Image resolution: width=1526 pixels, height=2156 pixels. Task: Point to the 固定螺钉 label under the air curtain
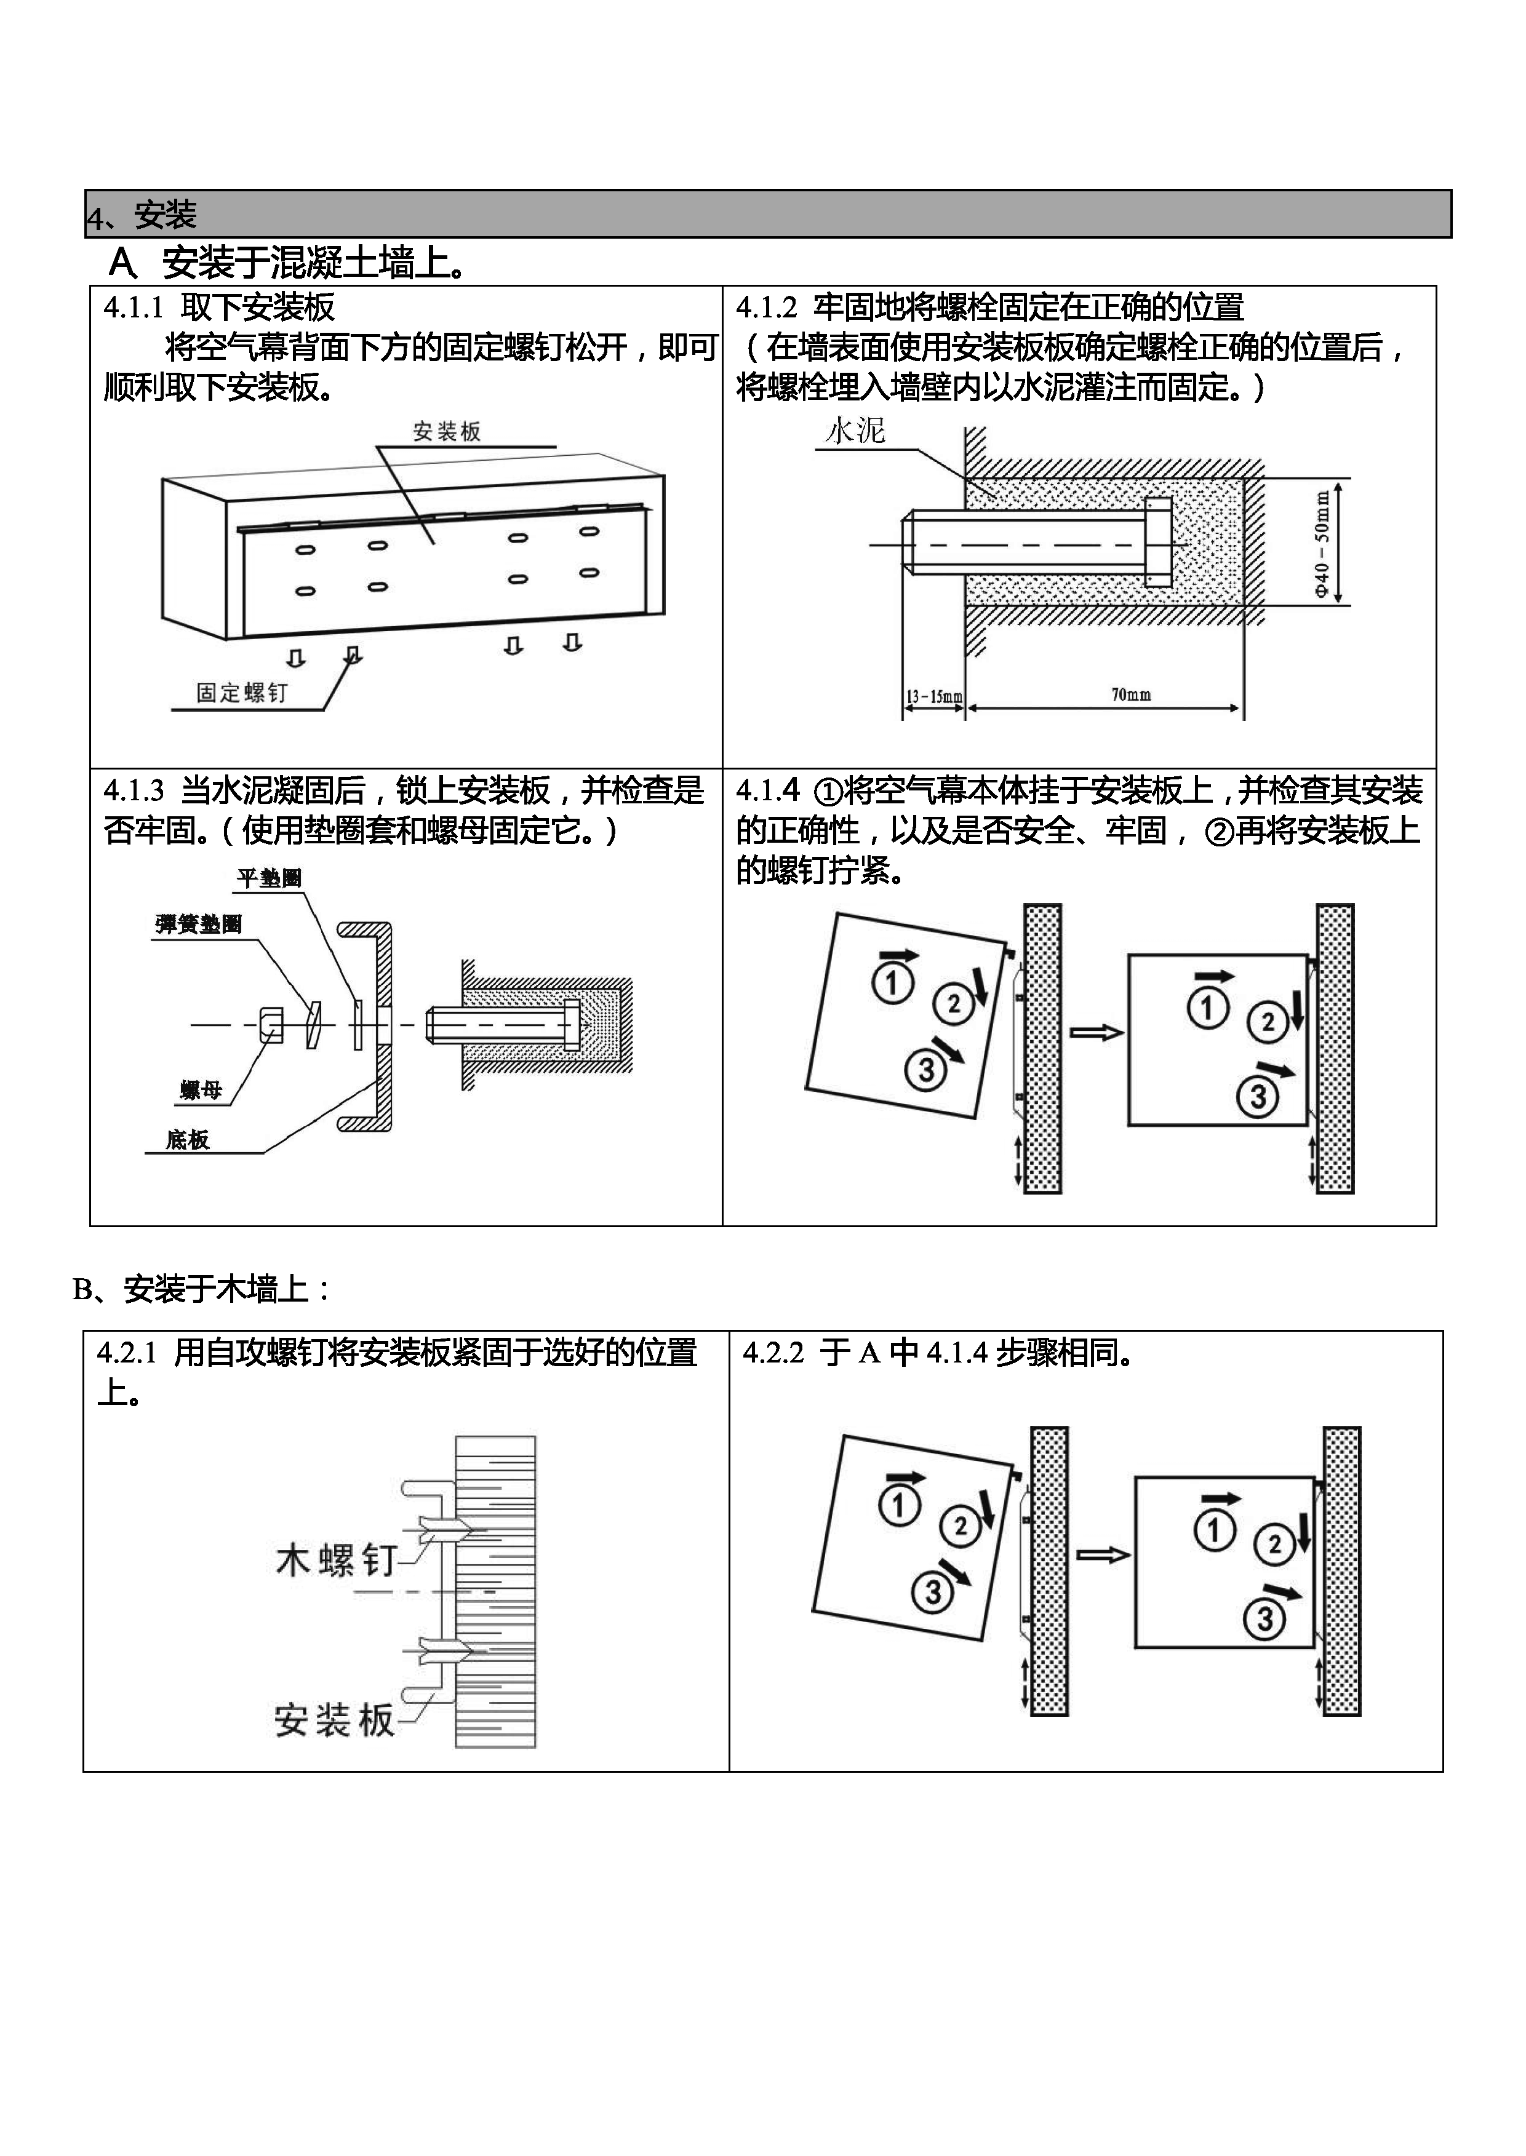coord(241,693)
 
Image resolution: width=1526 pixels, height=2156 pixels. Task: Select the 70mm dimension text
coord(1130,695)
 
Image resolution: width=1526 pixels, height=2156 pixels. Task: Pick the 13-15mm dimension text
coord(934,697)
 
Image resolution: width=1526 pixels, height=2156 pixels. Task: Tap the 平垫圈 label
coord(269,878)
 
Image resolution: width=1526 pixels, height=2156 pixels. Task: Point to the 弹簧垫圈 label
coord(198,925)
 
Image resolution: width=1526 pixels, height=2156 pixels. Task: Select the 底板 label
coord(187,1140)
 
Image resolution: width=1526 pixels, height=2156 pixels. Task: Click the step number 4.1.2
coord(766,307)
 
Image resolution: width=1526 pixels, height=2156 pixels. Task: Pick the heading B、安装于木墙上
coord(202,1289)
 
